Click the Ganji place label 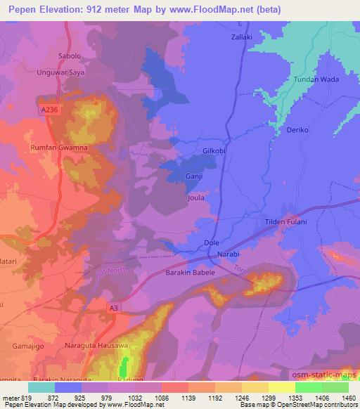(194, 177)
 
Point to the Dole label (211, 242)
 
